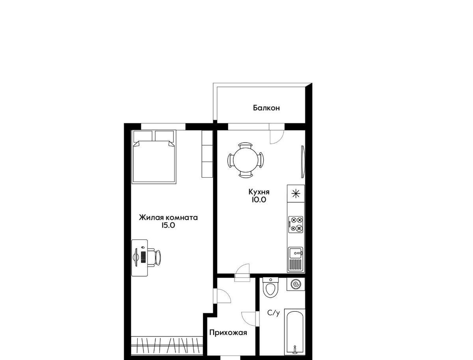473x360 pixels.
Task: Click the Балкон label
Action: (x=266, y=108)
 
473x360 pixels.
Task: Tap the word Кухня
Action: (x=259, y=192)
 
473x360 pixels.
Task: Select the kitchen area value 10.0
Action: (x=258, y=200)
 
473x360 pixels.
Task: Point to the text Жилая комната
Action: (x=168, y=218)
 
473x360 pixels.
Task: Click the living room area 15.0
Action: (x=168, y=225)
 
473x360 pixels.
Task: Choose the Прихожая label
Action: (x=228, y=333)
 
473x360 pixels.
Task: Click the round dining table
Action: (x=246, y=160)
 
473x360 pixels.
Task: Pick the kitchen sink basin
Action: (x=296, y=253)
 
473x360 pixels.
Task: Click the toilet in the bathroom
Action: (x=271, y=287)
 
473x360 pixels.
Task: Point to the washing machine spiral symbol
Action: (x=296, y=284)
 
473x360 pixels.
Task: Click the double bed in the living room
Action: (x=154, y=157)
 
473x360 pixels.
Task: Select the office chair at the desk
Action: (x=156, y=258)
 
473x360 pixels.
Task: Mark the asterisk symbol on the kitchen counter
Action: (x=296, y=193)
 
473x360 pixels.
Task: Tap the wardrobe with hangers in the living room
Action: (x=167, y=348)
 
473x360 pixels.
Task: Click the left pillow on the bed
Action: (x=143, y=136)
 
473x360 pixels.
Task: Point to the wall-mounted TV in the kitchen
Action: (x=303, y=162)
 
